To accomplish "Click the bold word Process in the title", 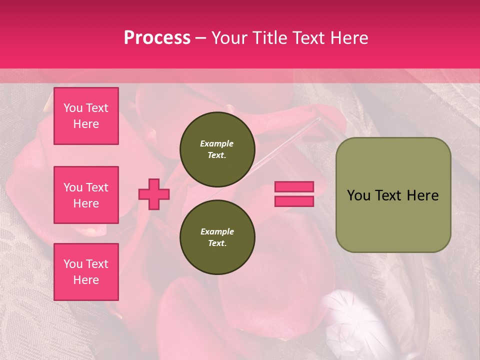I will click(157, 38).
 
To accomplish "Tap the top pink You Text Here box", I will click(86, 116).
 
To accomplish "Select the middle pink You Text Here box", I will click(86, 195).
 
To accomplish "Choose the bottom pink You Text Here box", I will click(86, 272).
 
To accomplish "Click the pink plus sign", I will click(154, 194).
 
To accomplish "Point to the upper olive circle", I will click(217, 149).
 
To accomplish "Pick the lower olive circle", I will click(217, 237).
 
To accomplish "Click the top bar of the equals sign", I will click(294, 186).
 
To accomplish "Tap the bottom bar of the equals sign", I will click(294, 201).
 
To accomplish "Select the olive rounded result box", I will click(393, 195).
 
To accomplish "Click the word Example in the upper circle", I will click(217, 143).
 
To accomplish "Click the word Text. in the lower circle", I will click(217, 243).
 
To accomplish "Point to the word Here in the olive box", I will click(422, 195).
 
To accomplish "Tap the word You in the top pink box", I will click(73, 108).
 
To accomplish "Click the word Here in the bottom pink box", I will click(86, 280).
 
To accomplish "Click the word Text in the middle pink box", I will click(97, 187).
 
